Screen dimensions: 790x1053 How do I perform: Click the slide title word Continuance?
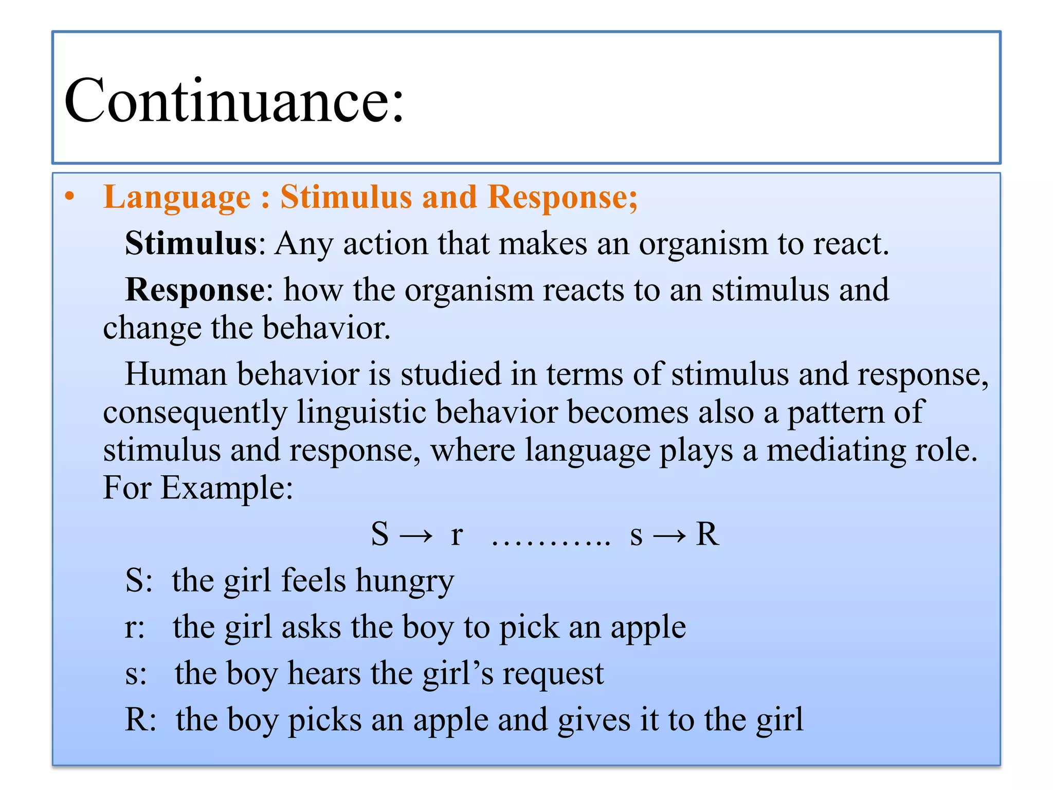click(234, 100)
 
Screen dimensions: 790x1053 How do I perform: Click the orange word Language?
click(176, 198)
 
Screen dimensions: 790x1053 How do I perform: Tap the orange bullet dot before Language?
click(70, 197)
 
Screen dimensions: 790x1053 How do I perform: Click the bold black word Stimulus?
click(191, 243)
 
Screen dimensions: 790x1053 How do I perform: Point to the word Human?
click(175, 374)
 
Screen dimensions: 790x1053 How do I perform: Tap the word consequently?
click(195, 413)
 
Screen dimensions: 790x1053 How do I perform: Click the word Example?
click(226, 488)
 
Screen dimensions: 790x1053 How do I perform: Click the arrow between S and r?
click(416, 535)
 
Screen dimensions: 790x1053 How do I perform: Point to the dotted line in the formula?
click(551, 541)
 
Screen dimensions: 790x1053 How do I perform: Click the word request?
click(553, 674)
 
